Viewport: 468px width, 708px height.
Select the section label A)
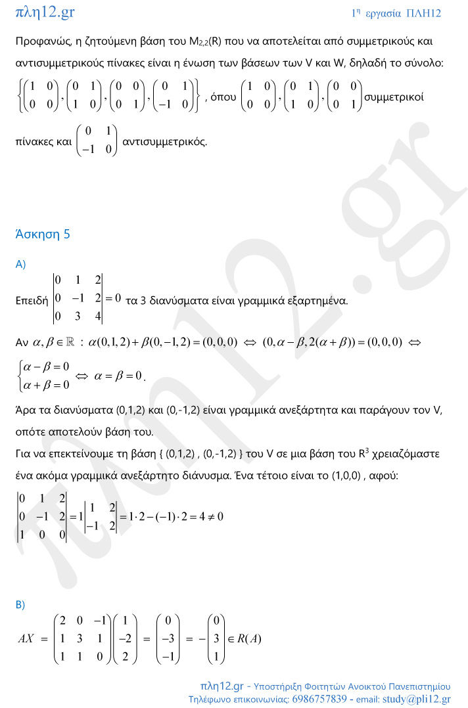pyautogui.click(x=20, y=264)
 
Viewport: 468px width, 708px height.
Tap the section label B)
pyautogui.click(x=20, y=605)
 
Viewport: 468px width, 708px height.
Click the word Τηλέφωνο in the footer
pyautogui.click(x=211, y=699)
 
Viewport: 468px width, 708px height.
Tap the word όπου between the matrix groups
pyautogui.click(x=223, y=96)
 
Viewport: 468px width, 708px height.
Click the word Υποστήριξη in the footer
pyautogui.click(x=280, y=686)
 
